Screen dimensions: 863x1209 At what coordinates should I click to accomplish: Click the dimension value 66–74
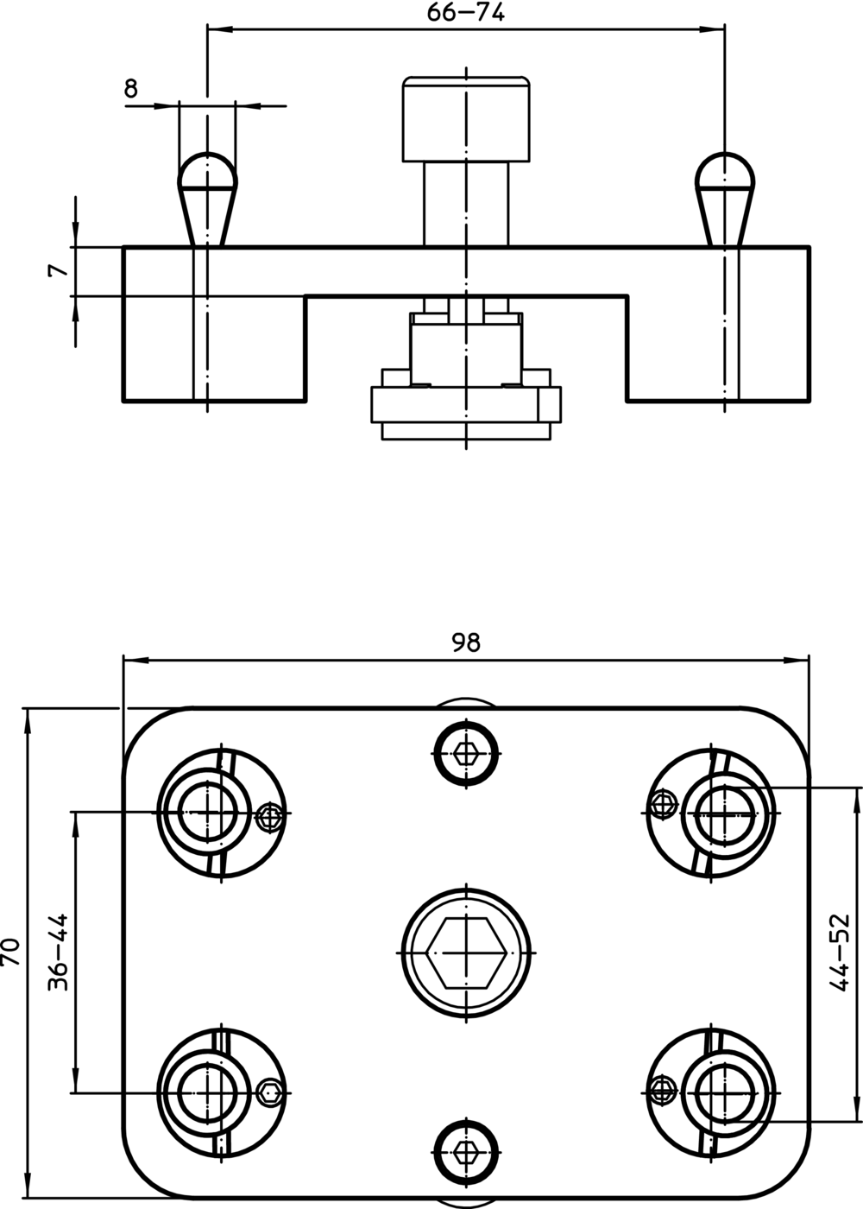click(466, 13)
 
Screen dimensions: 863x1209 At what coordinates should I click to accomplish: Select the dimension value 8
click(131, 88)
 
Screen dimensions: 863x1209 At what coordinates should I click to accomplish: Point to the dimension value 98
click(466, 642)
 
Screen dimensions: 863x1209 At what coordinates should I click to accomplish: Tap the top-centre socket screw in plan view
click(467, 753)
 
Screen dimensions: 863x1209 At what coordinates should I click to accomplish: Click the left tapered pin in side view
click(208, 199)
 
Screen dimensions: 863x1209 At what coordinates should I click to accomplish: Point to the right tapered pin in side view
click(725, 199)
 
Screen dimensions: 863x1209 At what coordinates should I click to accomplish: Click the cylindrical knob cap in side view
click(467, 119)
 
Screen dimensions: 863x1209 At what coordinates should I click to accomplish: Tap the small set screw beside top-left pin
click(269, 818)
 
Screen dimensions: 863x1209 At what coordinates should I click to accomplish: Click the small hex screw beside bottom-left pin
click(269, 1092)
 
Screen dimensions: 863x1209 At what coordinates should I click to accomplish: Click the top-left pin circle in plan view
click(207, 813)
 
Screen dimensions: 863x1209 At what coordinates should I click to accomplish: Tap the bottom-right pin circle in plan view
click(725, 1092)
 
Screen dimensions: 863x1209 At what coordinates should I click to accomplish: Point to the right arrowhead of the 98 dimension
click(797, 659)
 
